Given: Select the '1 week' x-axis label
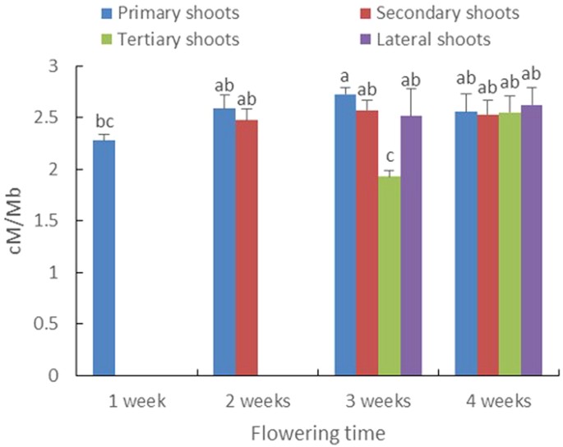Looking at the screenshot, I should tap(136, 401).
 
